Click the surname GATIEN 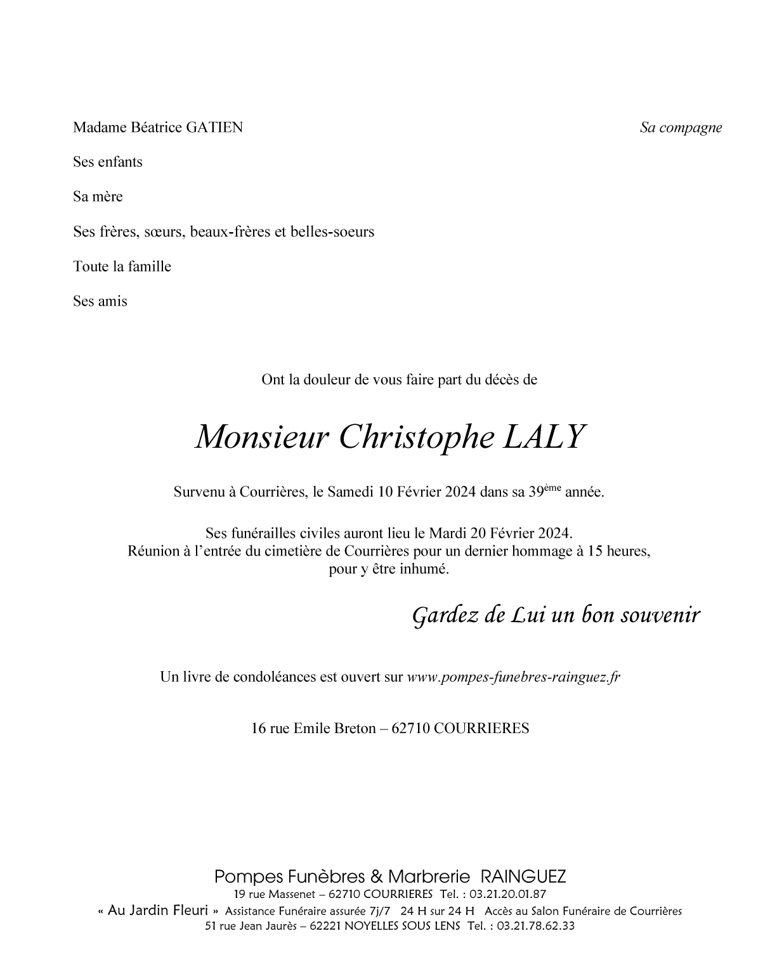[x=214, y=127]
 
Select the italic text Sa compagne [x=681, y=127]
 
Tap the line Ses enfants [x=108, y=162]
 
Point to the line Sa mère [x=98, y=197]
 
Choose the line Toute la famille [x=122, y=267]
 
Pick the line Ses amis [x=100, y=302]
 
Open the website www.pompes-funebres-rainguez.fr [x=513, y=677]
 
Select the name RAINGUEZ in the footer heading [x=523, y=877]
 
